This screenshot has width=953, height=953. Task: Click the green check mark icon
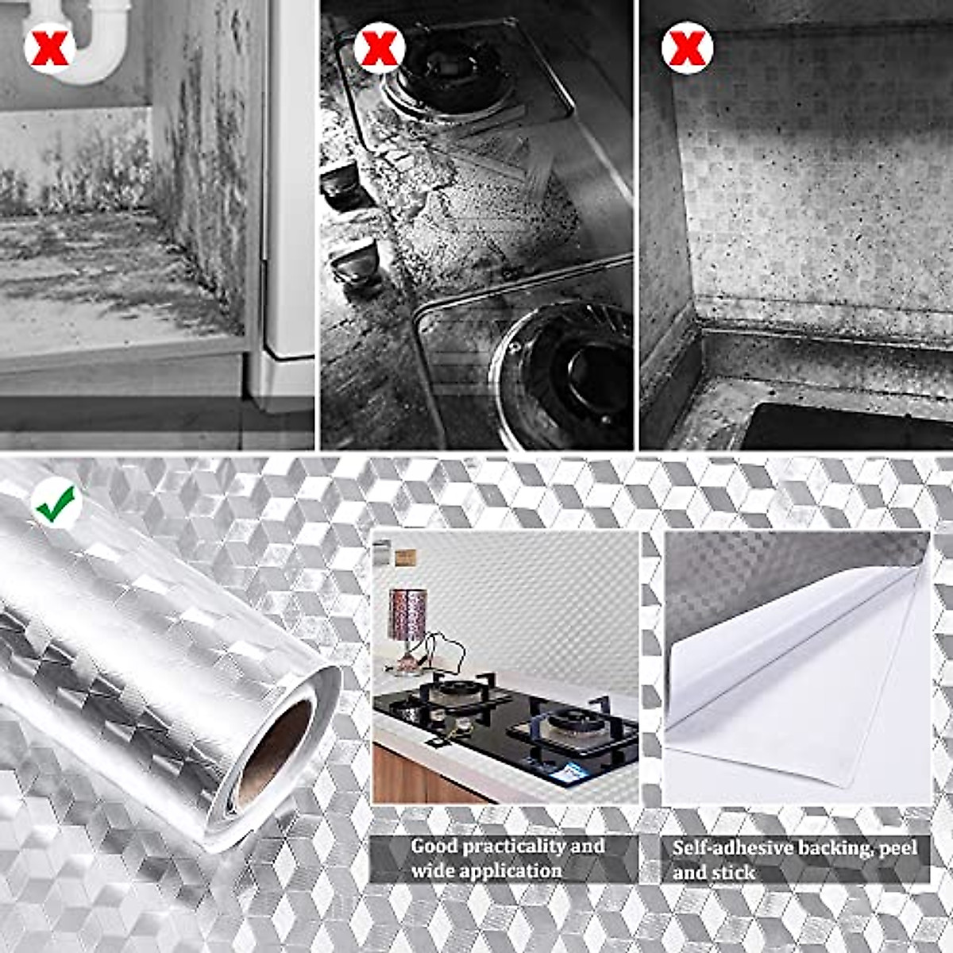click(56, 505)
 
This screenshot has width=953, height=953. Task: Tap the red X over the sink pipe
click(49, 48)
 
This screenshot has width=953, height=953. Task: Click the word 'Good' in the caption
click(434, 847)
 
